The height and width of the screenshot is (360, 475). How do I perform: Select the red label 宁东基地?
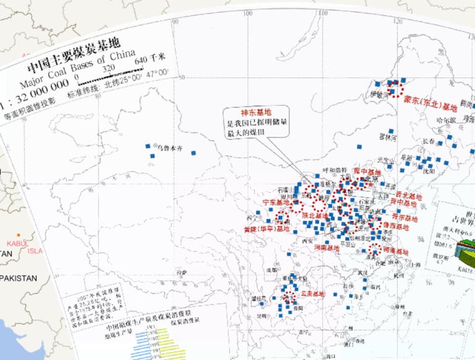(x=276, y=202)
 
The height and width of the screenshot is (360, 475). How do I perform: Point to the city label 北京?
(x=371, y=179)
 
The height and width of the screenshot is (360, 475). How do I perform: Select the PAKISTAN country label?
(x=19, y=278)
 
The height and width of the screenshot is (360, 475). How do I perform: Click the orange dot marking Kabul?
(x=19, y=234)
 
